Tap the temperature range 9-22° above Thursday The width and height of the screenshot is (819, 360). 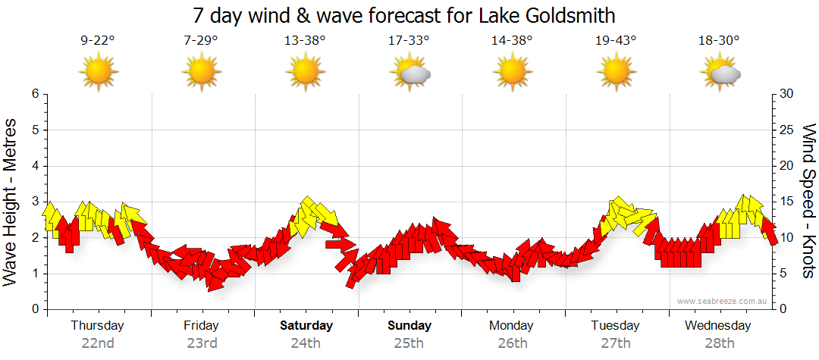point(97,41)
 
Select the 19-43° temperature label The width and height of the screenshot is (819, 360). point(616,41)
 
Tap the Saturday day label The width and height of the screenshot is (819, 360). point(306,326)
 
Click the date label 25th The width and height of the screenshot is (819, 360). point(409,343)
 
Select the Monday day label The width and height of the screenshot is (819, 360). point(511,326)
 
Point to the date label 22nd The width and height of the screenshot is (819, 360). point(97,343)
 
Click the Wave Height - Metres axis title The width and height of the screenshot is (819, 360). point(11,202)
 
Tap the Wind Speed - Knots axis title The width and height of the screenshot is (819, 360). point(808,202)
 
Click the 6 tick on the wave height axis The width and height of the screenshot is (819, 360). point(35,94)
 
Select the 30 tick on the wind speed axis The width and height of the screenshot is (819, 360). point(787,94)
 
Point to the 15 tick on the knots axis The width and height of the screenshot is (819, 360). point(787,202)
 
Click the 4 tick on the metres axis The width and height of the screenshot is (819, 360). point(35,166)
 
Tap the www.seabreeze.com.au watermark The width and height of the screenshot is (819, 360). point(723,301)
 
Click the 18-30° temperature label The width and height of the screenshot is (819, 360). point(719,41)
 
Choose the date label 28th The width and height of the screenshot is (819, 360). point(719,343)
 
